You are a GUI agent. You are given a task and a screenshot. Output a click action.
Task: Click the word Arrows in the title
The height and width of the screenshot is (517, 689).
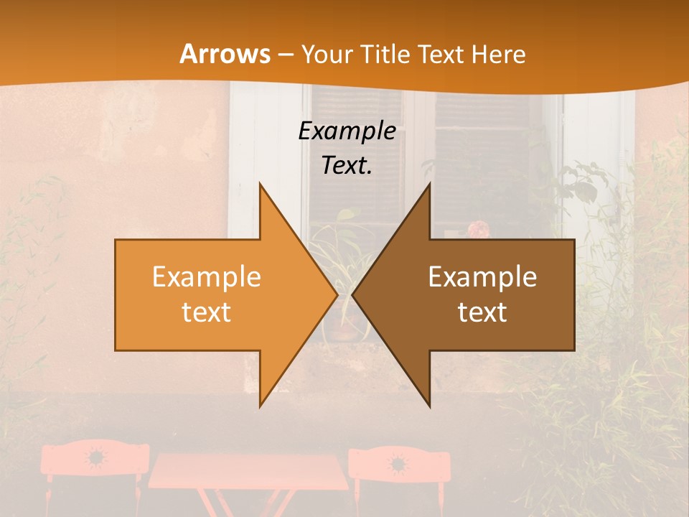[x=225, y=54]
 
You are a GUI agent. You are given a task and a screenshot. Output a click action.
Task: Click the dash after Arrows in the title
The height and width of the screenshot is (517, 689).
[x=285, y=55]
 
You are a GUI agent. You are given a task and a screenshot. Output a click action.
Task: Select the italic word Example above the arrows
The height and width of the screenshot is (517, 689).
[x=347, y=131]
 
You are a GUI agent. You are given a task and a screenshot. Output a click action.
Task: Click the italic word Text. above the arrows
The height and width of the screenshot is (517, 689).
[x=347, y=166]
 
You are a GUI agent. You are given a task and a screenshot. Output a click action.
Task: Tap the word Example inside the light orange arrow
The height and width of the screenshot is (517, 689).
[x=207, y=277]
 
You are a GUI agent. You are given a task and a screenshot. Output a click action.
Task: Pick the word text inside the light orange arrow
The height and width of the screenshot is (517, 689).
[x=207, y=312]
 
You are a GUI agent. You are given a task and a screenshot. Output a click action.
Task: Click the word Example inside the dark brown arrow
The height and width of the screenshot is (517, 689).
[x=482, y=277]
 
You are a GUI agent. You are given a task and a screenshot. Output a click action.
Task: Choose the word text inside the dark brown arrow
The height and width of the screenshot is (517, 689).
[x=482, y=312]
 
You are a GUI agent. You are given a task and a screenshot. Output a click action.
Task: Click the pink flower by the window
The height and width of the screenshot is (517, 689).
[x=477, y=230]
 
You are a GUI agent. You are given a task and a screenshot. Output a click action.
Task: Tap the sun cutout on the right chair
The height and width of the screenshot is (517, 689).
[x=396, y=463]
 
